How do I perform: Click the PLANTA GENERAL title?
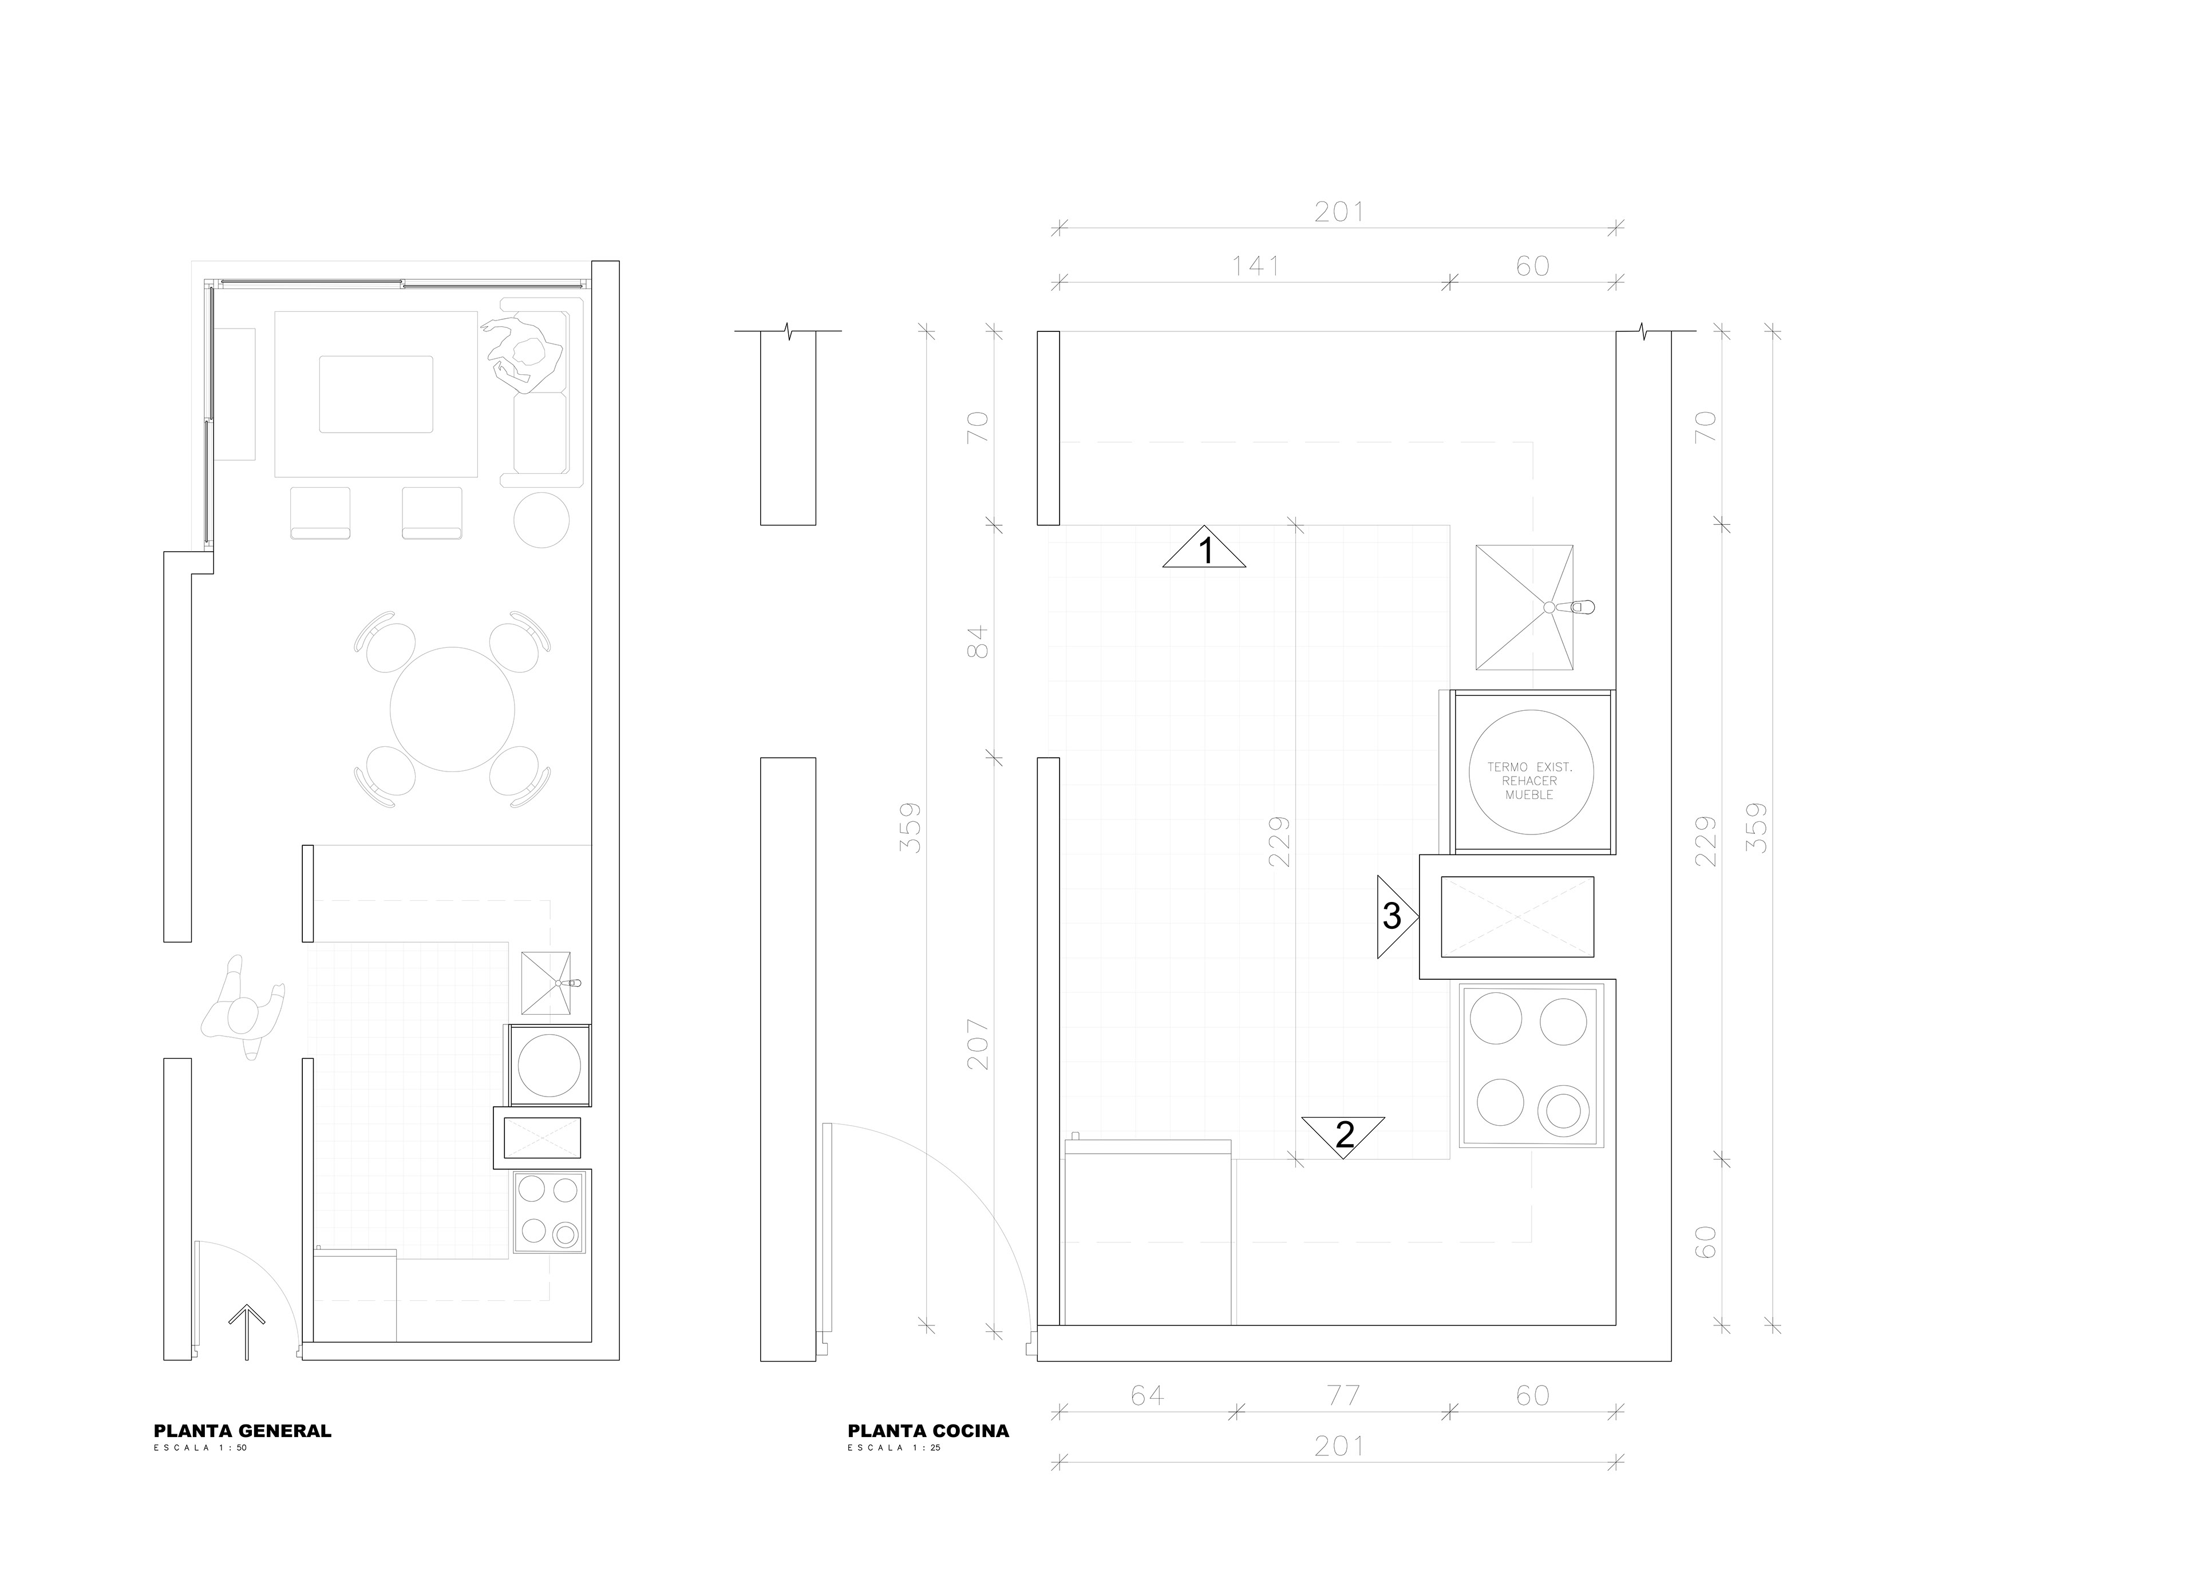click(242, 1430)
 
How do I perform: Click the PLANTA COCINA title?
click(927, 1430)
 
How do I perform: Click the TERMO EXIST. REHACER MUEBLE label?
click(1529, 781)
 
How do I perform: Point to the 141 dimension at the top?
click(1256, 266)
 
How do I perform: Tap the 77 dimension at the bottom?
click(1343, 1395)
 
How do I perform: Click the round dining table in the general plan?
click(453, 709)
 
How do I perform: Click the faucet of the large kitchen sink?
click(1570, 608)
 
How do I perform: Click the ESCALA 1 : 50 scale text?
click(200, 1447)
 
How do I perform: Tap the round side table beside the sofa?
click(541, 520)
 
